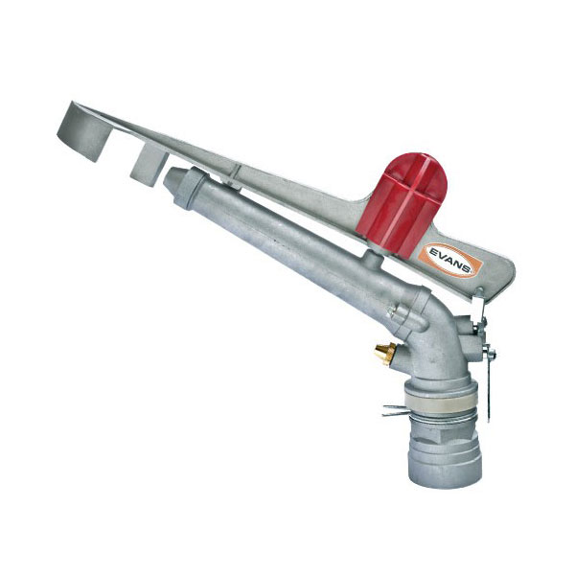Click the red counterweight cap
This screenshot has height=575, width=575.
pyautogui.click(x=402, y=203)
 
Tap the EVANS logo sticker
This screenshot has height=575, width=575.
pyautogui.click(x=452, y=260)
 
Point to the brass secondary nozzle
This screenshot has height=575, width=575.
pyautogui.click(x=384, y=354)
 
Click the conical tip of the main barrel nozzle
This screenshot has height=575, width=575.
pyautogui.click(x=172, y=177)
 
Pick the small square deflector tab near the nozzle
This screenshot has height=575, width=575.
pyautogui.click(x=149, y=164)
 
